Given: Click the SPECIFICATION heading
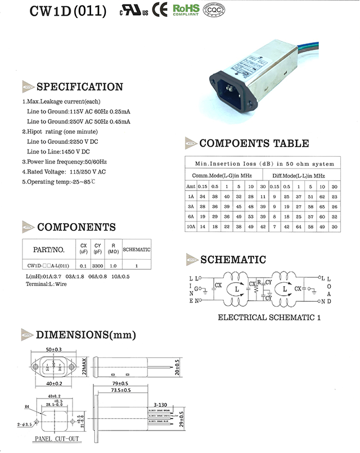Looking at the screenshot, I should coord(79,87).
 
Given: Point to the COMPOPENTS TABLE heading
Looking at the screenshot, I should coord(254,143).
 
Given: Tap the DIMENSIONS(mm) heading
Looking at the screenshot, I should coord(86,335).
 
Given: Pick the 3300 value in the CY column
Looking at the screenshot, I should coord(98,265).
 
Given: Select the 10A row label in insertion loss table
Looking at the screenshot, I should coord(191,226).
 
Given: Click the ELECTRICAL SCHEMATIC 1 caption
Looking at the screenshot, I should coord(269,318).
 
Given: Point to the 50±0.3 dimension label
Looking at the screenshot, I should coord(55,350).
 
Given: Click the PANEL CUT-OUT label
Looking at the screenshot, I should coord(57,438).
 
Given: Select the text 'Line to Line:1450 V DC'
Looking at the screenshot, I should coord(58,152).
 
